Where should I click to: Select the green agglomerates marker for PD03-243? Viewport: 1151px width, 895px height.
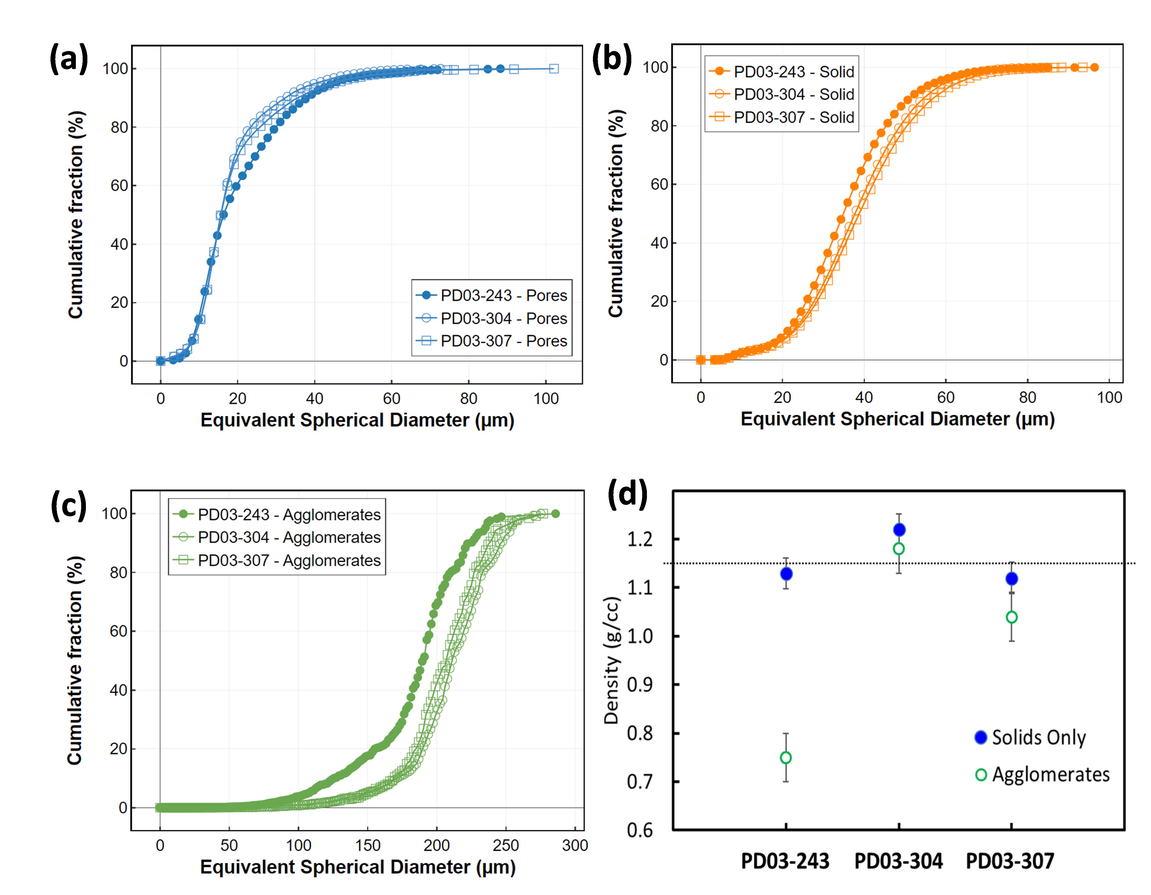[786, 757]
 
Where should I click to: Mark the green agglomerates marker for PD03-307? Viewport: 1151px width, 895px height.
[1011, 617]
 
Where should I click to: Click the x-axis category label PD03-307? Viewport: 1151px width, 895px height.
[1010, 861]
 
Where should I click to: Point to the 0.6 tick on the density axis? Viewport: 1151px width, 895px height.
[639, 831]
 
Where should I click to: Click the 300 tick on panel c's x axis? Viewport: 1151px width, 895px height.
[575, 845]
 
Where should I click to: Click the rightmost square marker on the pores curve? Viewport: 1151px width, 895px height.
[553, 68]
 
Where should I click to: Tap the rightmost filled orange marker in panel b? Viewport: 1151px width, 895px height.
[1094, 68]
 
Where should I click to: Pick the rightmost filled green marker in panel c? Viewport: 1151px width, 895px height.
[555, 513]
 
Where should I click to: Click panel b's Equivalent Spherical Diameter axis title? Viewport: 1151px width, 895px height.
[897, 419]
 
